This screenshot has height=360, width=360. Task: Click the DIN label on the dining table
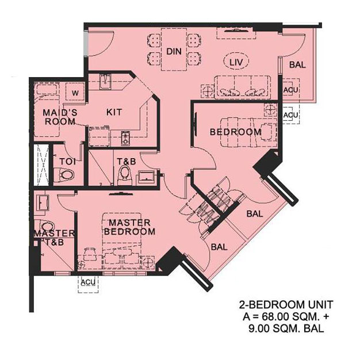[174, 51]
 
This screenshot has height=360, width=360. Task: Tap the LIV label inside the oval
[236, 62]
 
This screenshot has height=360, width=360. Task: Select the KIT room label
[114, 112]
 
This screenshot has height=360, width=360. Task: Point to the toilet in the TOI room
[67, 175]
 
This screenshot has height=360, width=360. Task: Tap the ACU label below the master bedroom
[89, 282]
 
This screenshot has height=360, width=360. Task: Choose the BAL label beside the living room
[297, 65]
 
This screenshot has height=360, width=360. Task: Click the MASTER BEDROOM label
[130, 227]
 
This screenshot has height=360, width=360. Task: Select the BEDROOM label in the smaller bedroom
[236, 132]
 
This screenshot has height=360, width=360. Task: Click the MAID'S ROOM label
[60, 117]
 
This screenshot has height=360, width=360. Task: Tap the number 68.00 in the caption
[273, 317]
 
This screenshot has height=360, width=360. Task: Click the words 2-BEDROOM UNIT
[286, 305]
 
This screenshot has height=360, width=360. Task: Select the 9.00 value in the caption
[261, 329]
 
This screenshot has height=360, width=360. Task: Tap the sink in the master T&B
[43, 203]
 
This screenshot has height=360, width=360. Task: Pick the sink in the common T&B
[146, 177]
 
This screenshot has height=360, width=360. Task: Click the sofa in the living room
[243, 87]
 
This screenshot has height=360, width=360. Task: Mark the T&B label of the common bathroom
[127, 162]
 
